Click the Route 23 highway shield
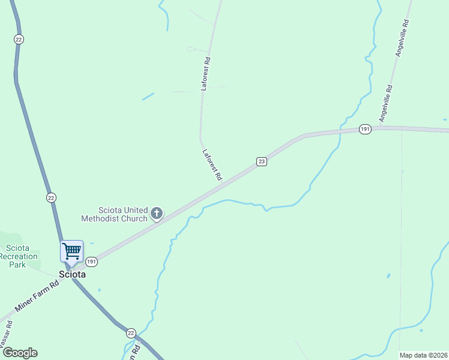[x=261, y=161]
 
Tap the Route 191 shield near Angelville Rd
[x=365, y=129]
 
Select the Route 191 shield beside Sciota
[x=91, y=262]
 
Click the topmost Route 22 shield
[x=19, y=39]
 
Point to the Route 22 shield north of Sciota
[x=51, y=197]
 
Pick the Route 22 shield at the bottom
[x=131, y=332]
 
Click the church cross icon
[x=157, y=213]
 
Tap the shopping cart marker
[x=71, y=251]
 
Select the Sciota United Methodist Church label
[x=123, y=214]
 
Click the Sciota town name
[x=72, y=274]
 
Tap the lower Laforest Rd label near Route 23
[x=212, y=165]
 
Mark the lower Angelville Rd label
[x=385, y=103]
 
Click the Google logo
[x=20, y=353]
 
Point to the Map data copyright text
[x=424, y=355]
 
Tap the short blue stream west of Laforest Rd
[x=148, y=96]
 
